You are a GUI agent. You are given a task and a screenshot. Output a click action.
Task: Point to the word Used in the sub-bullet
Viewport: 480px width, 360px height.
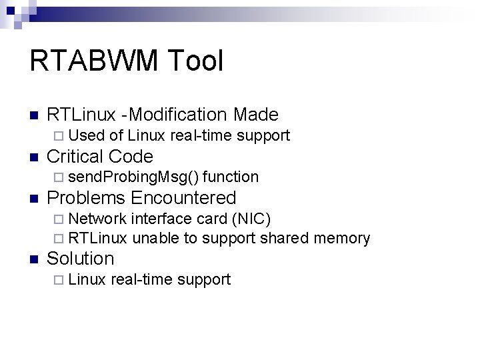[x=87, y=136]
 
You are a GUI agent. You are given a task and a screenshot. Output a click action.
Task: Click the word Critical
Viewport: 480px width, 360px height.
[x=75, y=157]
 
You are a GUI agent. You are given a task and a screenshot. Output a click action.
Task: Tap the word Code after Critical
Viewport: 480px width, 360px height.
[x=130, y=157]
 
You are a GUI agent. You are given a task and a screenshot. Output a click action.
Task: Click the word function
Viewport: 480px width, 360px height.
[x=231, y=177]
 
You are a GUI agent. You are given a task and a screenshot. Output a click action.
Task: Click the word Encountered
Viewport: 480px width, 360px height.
[x=183, y=198]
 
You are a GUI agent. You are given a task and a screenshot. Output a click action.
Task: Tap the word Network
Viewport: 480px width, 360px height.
[x=97, y=219]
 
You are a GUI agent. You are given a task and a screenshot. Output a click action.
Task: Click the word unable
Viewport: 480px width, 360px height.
[x=156, y=239]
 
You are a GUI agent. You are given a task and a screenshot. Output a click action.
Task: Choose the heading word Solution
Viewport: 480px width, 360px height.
[x=81, y=259]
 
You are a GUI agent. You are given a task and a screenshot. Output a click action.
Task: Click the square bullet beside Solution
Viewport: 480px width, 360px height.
[x=34, y=259]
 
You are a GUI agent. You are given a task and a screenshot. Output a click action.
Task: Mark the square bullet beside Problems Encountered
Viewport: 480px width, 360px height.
[x=34, y=199]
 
